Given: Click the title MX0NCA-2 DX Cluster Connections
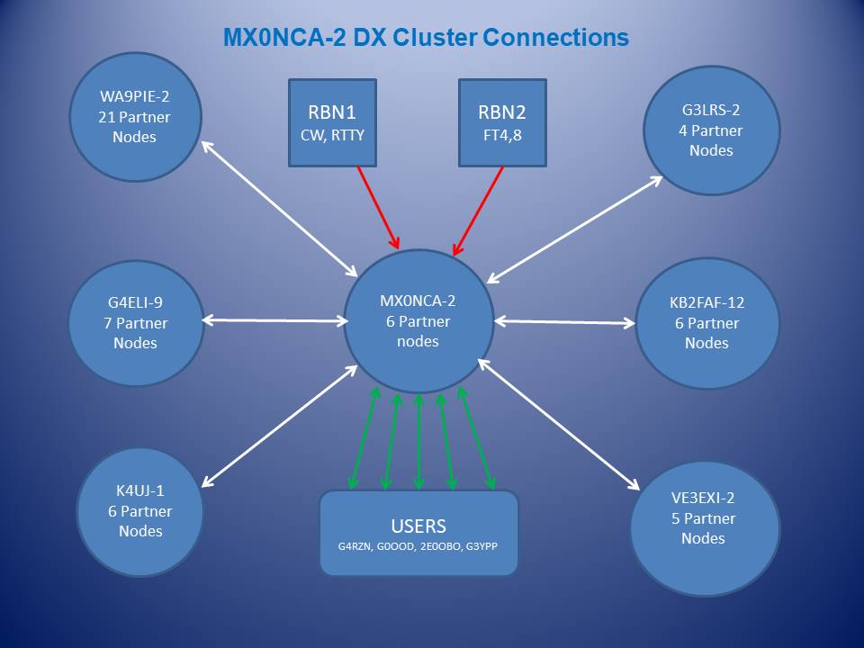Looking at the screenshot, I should click(x=426, y=38).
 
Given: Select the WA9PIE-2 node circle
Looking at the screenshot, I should click(x=135, y=116).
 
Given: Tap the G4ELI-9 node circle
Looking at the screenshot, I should click(x=135, y=322).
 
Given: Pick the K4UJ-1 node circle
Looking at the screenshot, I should click(x=140, y=511).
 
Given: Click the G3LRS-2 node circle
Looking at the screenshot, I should click(x=711, y=130).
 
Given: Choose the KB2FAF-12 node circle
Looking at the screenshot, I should click(x=706, y=323).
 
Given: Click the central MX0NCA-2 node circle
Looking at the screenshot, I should click(x=418, y=321).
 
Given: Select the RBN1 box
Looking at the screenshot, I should click(x=332, y=122).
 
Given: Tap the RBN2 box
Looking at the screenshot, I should click(x=502, y=122).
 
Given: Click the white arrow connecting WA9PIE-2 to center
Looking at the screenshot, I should click(x=279, y=208).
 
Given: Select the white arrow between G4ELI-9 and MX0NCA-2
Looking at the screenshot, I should click(x=275, y=319).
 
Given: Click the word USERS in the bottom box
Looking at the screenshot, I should click(x=418, y=526).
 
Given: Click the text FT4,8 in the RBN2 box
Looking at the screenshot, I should click(x=502, y=137).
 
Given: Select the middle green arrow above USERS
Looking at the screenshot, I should click(x=418, y=442).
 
